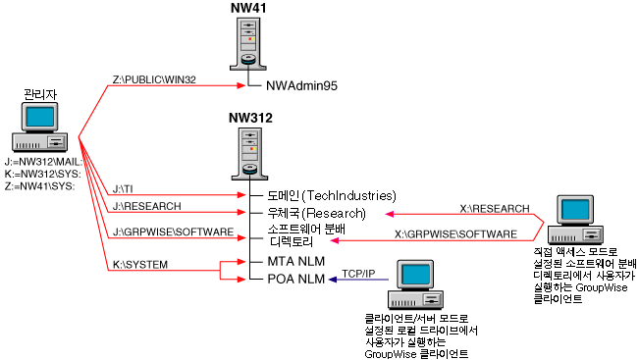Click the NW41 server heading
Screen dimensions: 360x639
pos(249,9)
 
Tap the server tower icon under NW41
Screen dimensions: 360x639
pos(249,45)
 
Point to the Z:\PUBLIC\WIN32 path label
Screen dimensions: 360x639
pos(156,79)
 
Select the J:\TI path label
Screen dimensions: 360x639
pos(124,187)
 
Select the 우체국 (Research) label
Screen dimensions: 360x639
pos(316,212)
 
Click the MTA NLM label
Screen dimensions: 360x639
pos(295,262)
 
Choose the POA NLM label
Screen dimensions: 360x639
pos(295,280)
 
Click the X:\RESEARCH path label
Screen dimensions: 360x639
pos(495,207)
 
